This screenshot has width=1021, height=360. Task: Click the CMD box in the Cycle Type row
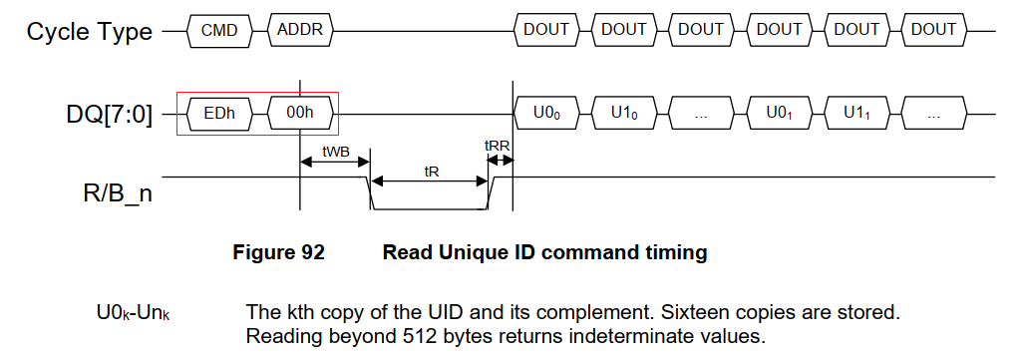click(x=219, y=30)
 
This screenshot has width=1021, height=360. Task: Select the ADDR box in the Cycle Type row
click(x=300, y=30)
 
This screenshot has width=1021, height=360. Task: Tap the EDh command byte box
click(x=219, y=114)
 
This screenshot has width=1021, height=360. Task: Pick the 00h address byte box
click(x=300, y=114)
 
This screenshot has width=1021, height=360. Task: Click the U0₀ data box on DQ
click(x=546, y=114)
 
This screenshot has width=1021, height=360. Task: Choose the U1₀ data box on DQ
click(x=624, y=114)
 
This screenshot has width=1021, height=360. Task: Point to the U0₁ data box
click(x=779, y=114)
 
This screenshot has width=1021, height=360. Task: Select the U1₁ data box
click(x=856, y=114)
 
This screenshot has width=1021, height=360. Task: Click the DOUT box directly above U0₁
click(x=779, y=30)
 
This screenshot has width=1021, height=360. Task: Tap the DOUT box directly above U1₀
click(x=624, y=30)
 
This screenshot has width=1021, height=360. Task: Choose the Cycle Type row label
click(x=90, y=31)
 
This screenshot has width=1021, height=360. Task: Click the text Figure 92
click(x=278, y=252)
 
